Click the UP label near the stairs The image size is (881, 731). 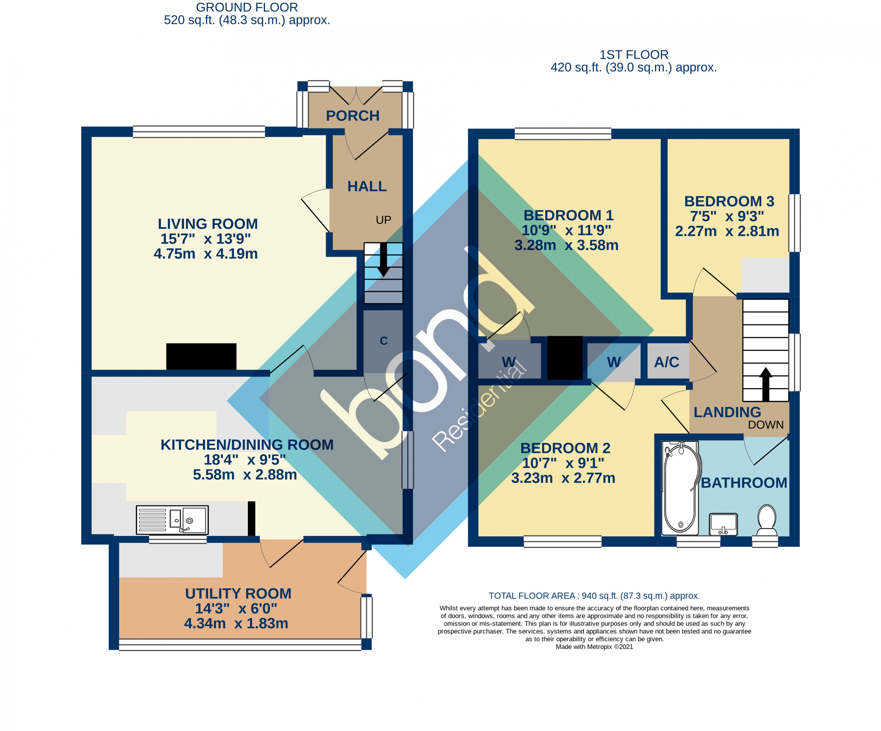coord(383,220)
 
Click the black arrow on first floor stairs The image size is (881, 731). coord(766,384)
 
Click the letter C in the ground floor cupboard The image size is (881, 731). coord(383,341)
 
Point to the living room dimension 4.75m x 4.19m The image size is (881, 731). coord(205,254)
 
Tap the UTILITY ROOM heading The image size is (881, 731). coord(238,593)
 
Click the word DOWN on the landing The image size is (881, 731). coord(766,425)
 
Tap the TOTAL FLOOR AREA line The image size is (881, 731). coord(594,596)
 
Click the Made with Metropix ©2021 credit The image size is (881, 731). coord(594,647)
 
